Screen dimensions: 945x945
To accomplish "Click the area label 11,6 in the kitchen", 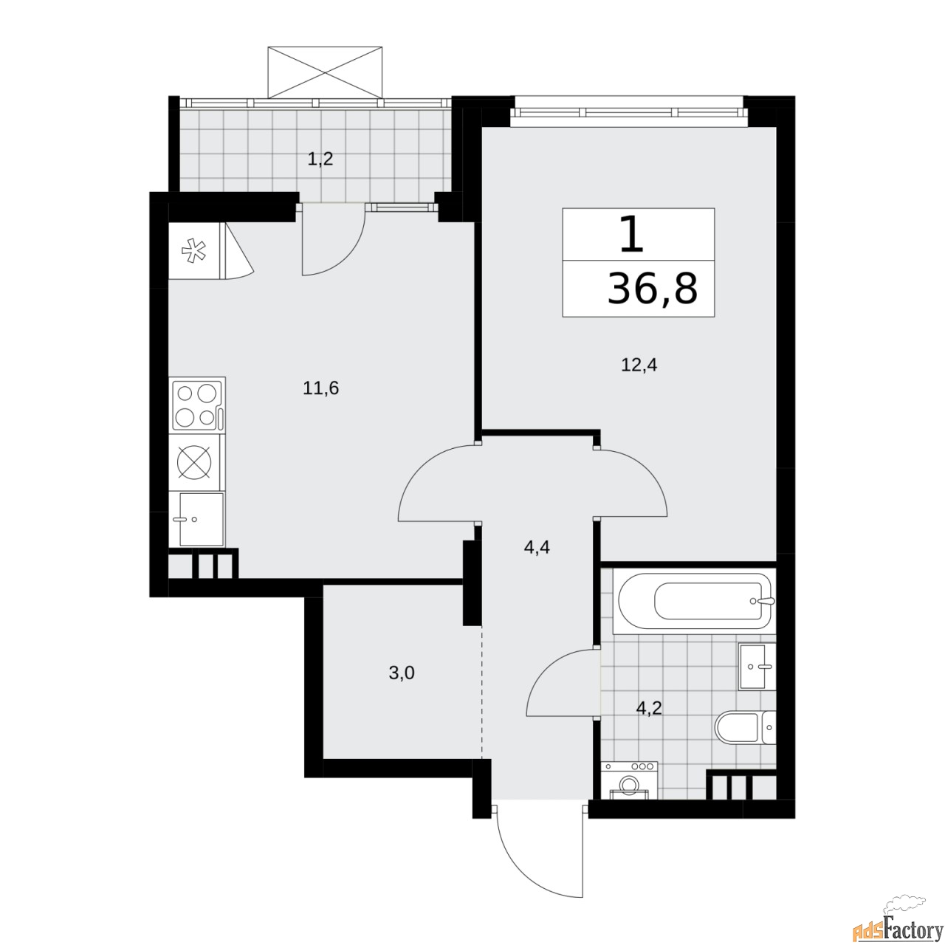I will point(320,388).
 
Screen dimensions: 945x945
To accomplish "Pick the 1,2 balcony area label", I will point(320,158).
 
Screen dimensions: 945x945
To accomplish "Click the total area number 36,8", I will point(651,289).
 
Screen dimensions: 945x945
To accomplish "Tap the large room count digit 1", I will point(629,236).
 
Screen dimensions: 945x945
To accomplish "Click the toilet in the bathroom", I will point(746,728).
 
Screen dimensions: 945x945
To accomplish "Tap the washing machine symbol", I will point(630,782).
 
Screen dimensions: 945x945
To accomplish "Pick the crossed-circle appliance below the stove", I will point(196,463).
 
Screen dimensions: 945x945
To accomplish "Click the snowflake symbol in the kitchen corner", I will point(193,251).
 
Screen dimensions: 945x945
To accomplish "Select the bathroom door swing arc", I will point(561,683).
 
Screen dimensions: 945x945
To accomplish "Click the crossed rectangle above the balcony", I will point(326,71).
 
